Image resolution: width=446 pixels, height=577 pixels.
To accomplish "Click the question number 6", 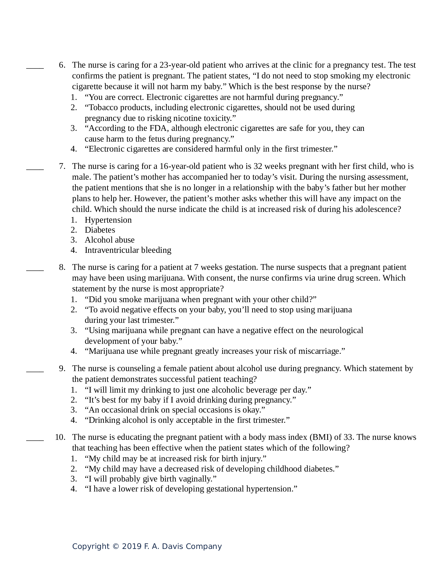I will [x=62, y=65].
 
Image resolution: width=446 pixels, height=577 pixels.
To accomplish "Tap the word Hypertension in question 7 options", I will [x=108, y=220].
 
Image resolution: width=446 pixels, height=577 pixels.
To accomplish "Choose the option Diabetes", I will [x=100, y=230].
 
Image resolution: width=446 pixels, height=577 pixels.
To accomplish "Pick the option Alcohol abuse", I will [x=109, y=240].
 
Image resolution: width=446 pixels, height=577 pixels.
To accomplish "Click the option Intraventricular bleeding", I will [x=128, y=250].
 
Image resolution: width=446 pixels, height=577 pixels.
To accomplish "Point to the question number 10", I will [x=60, y=437].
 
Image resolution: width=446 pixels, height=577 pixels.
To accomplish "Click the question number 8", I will [x=62, y=267].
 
